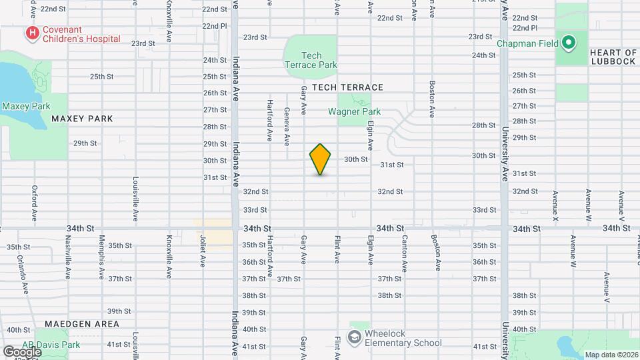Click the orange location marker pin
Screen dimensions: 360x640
coord(320,159)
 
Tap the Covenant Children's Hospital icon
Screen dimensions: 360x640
coord(31,33)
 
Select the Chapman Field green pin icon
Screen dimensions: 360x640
coord(568,43)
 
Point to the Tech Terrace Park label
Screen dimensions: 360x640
coord(311,60)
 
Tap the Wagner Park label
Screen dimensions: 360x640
coord(354,111)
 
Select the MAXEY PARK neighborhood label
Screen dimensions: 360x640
coord(82,119)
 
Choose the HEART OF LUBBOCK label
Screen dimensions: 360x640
coord(613,57)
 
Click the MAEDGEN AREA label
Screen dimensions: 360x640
coord(82,324)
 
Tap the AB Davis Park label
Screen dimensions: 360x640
coord(51,345)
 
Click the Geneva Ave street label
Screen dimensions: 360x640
coord(287,127)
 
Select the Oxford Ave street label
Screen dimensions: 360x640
coord(34,203)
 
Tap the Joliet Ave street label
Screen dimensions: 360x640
coord(203,250)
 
